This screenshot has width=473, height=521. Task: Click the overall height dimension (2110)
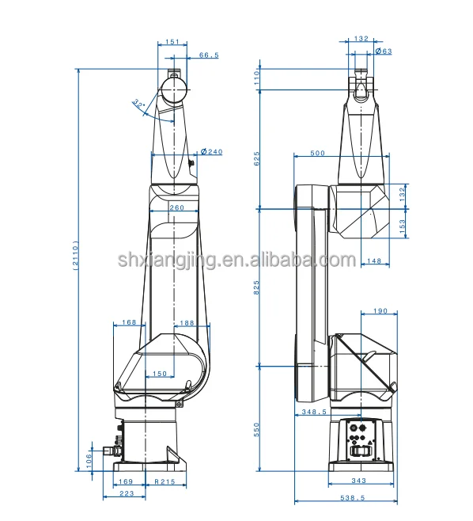(76, 255)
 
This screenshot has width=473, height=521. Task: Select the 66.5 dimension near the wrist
(209, 55)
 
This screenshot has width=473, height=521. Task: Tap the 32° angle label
(138, 104)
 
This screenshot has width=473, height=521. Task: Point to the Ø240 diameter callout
(212, 152)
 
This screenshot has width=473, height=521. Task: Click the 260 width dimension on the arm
(177, 207)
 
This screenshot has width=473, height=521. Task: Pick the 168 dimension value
(129, 322)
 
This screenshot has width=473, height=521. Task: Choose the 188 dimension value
(187, 323)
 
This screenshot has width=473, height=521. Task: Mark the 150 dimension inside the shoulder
(160, 374)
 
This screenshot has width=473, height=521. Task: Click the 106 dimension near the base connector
(89, 461)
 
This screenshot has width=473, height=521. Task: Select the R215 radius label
(165, 481)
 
